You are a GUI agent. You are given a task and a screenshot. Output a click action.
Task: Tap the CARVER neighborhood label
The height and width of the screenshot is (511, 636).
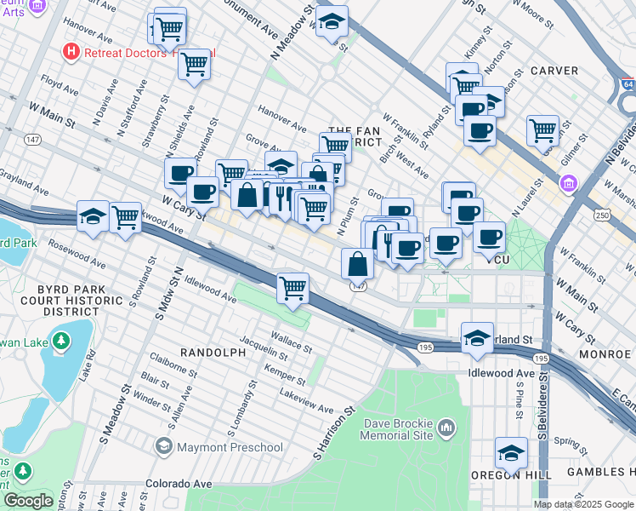[x=554, y=70]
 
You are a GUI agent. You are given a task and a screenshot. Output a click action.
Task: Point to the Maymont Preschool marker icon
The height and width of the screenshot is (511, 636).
[x=164, y=446]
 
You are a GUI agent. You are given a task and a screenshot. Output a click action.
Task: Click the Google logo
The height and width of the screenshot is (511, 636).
[x=28, y=501]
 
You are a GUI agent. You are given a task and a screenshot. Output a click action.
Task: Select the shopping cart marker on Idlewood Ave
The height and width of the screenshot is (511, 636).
[x=292, y=287]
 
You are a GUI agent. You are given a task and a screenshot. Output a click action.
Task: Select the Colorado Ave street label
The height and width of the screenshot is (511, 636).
[x=178, y=483]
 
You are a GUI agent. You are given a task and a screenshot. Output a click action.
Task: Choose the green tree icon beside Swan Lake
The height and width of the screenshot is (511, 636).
[x=60, y=342]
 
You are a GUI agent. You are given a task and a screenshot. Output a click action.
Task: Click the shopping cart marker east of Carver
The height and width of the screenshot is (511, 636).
[x=542, y=130]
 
